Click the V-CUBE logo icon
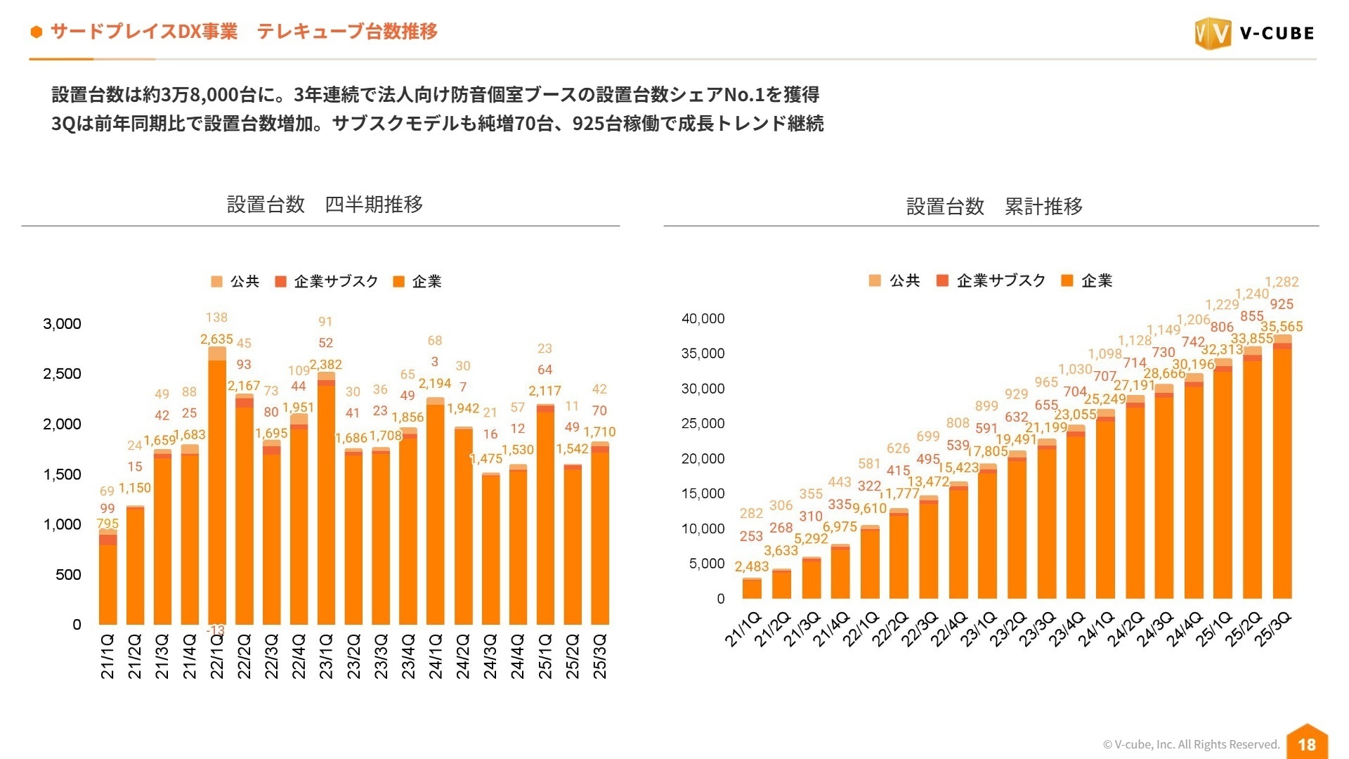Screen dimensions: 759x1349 point(1213,33)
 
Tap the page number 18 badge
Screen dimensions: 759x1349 point(1306,744)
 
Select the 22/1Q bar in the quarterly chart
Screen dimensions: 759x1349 point(217,492)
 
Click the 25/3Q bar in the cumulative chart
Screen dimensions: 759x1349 point(1282,471)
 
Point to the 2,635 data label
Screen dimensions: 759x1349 point(216,339)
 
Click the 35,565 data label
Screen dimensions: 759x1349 point(1282,327)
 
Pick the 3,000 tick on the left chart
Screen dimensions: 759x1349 point(62,324)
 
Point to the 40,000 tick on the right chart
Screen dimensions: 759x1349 point(703,318)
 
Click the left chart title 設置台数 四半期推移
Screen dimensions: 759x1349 point(325,205)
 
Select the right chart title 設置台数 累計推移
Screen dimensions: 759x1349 point(994,207)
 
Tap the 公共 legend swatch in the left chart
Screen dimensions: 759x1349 point(217,282)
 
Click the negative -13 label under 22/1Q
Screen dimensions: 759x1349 point(215,630)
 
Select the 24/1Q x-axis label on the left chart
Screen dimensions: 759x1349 point(436,656)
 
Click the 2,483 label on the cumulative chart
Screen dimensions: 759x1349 point(752,566)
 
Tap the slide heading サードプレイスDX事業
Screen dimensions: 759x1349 point(144,32)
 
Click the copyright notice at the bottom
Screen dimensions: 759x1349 point(1191,744)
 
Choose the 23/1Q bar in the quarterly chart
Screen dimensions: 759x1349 point(326,499)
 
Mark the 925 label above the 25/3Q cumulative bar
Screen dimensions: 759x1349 point(1282,304)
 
